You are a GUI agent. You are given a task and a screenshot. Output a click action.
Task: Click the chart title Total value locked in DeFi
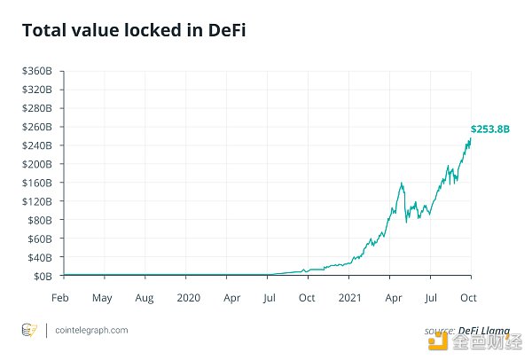134,31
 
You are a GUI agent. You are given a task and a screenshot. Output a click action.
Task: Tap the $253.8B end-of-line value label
490,129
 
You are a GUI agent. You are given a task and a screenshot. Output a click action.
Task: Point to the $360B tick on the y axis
38,71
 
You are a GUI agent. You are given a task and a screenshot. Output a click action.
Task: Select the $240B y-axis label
38,145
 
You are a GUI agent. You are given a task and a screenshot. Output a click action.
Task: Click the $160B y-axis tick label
38,183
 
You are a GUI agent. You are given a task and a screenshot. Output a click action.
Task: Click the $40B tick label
40,257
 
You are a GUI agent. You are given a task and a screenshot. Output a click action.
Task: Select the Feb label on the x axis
60,297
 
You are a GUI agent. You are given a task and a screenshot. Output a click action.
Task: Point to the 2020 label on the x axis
188,297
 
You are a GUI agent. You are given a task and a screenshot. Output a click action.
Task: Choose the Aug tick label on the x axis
145,297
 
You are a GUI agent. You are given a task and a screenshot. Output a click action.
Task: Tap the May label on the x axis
102,297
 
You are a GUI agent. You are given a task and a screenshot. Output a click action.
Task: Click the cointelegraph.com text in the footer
90,330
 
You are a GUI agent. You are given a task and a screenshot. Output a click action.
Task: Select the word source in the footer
439,330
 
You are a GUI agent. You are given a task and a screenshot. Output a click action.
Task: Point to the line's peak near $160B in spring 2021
403,184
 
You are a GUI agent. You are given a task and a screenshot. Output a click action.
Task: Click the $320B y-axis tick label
38,90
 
